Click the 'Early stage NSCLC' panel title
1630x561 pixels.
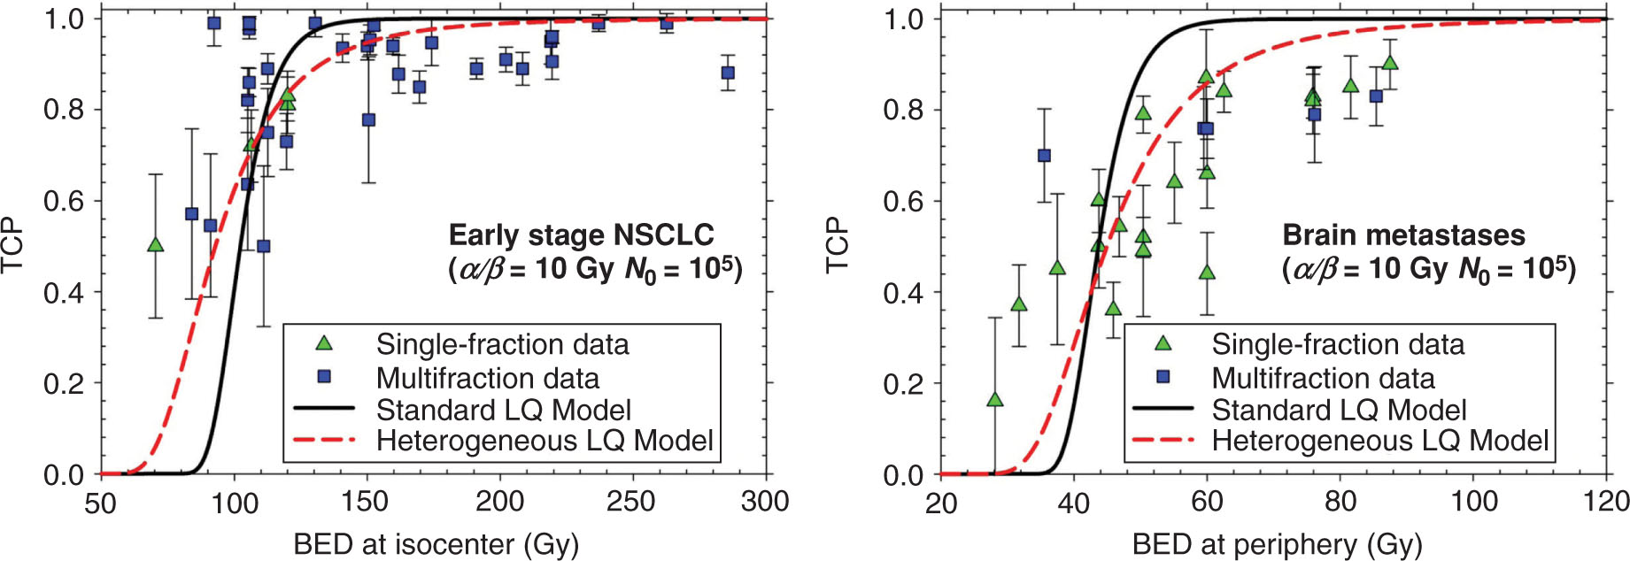581,235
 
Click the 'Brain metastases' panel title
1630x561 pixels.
1403,235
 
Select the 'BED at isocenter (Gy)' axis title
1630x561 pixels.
436,544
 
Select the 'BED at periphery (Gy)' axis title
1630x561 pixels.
1277,544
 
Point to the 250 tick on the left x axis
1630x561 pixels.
631,502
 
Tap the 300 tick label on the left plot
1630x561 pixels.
764,502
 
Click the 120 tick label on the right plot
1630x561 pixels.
1604,502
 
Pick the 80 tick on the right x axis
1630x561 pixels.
1340,502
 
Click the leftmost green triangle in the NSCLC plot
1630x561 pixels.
156,244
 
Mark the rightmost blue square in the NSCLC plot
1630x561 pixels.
728,73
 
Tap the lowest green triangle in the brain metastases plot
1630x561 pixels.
995,400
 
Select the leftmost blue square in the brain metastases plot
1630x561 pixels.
1044,156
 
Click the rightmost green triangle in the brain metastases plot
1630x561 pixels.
1390,63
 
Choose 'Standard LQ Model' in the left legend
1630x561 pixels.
503,410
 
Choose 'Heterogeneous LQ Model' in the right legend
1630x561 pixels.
1379,441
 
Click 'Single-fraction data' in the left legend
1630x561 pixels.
502,344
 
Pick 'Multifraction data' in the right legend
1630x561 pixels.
1323,378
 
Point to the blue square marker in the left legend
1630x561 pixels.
324,377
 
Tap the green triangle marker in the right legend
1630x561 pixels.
1163,343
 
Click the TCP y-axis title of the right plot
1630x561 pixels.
837,245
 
